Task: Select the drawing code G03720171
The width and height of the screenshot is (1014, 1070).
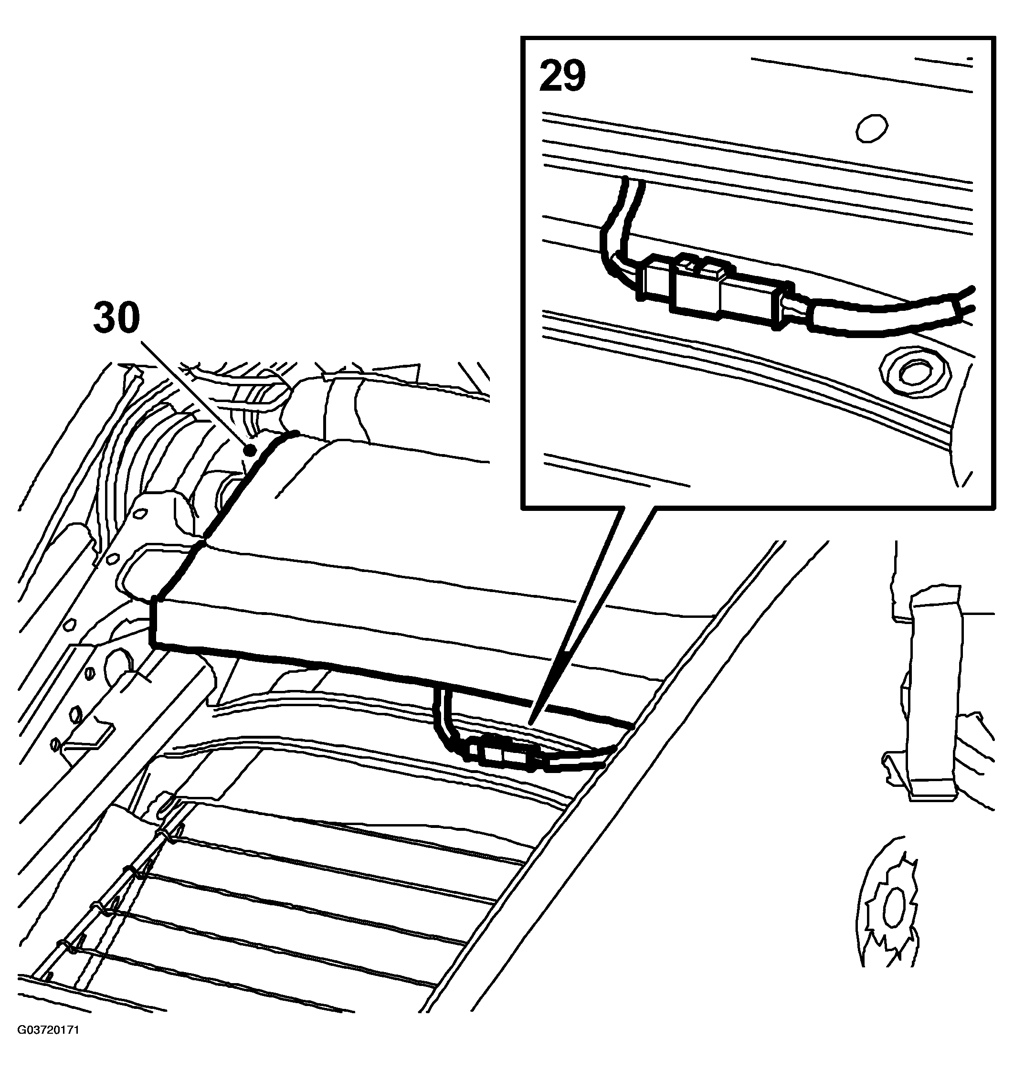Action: pyautogui.click(x=48, y=1045)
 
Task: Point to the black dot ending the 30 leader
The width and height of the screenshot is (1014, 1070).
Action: pyautogui.click(x=250, y=449)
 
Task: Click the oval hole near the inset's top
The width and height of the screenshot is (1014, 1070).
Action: pyautogui.click(x=872, y=128)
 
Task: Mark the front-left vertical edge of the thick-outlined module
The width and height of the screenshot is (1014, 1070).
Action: pyautogui.click(x=154, y=621)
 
